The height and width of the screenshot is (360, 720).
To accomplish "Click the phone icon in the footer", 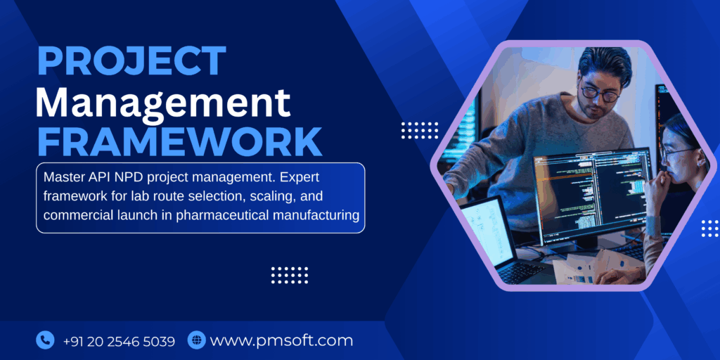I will coord(45,340).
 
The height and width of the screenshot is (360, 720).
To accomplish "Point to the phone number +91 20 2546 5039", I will coord(119,341).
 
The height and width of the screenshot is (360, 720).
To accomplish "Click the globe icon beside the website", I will coord(196,340).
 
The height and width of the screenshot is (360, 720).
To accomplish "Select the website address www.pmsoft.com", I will coord(281,341).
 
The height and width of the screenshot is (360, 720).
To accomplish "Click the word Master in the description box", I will coord(64,176).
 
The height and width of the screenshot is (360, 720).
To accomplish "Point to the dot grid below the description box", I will coord(290,274).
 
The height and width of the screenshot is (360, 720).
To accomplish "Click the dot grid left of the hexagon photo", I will coord(420,130).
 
